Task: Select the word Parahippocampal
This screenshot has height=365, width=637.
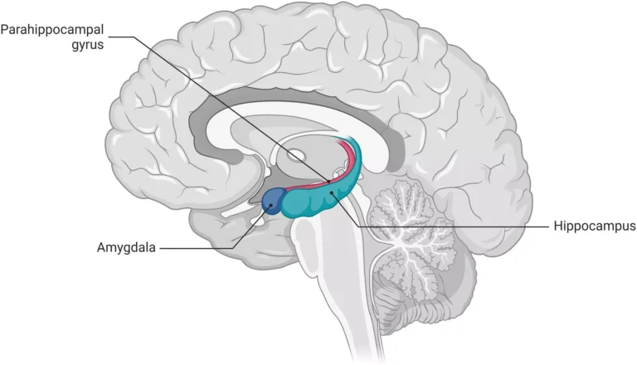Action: (51, 30)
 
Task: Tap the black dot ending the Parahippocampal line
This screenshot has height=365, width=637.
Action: (328, 180)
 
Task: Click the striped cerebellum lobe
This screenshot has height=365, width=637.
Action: (431, 274)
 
